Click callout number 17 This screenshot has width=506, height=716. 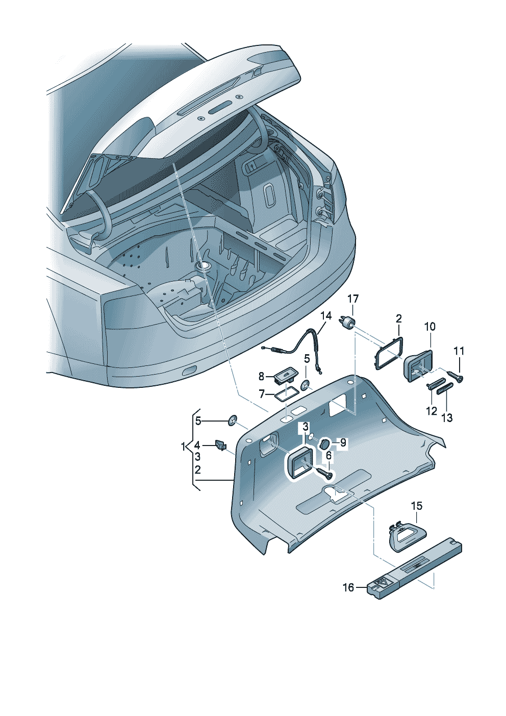pyautogui.click(x=353, y=299)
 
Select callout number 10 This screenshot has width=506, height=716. pyautogui.click(x=429, y=327)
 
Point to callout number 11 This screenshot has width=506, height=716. pyautogui.click(x=459, y=351)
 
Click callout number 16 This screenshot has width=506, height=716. pyautogui.click(x=348, y=588)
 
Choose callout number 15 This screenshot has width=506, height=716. pyautogui.click(x=417, y=506)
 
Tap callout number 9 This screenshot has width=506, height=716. pyautogui.click(x=343, y=443)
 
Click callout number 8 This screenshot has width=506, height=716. pyautogui.click(x=261, y=377)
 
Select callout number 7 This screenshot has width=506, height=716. pyautogui.click(x=262, y=394)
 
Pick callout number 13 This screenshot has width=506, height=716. pyautogui.click(x=447, y=418)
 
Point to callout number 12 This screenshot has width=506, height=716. pyautogui.click(x=432, y=411)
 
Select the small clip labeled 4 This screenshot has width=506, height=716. pyautogui.click(x=221, y=445)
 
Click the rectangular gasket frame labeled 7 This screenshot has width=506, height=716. pyautogui.click(x=287, y=394)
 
